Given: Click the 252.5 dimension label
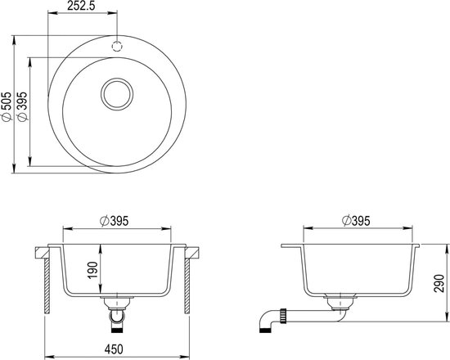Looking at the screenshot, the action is [81, 6].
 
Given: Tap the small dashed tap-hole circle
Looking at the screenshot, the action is [117, 46].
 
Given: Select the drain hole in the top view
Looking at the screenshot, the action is [117, 94].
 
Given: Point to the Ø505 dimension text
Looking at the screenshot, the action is [6, 106].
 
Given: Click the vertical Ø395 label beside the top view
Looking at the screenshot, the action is [22, 106].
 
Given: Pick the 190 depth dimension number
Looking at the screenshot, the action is [93, 270].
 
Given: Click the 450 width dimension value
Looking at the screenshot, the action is [114, 349].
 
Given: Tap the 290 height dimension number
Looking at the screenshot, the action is [439, 283].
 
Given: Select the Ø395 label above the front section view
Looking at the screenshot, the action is [114, 221].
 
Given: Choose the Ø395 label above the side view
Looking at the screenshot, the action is [356, 221].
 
